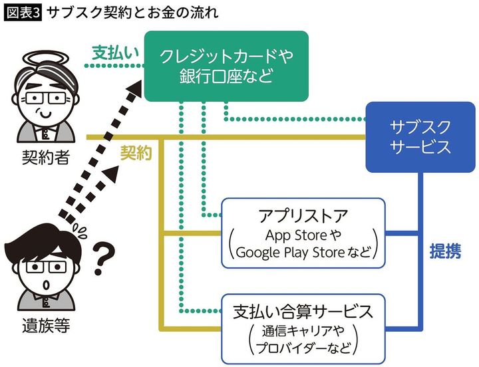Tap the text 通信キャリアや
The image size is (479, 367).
pyautogui.click(x=303, y=330)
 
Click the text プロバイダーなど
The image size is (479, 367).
pyautogui.click(x=303, y=348)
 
